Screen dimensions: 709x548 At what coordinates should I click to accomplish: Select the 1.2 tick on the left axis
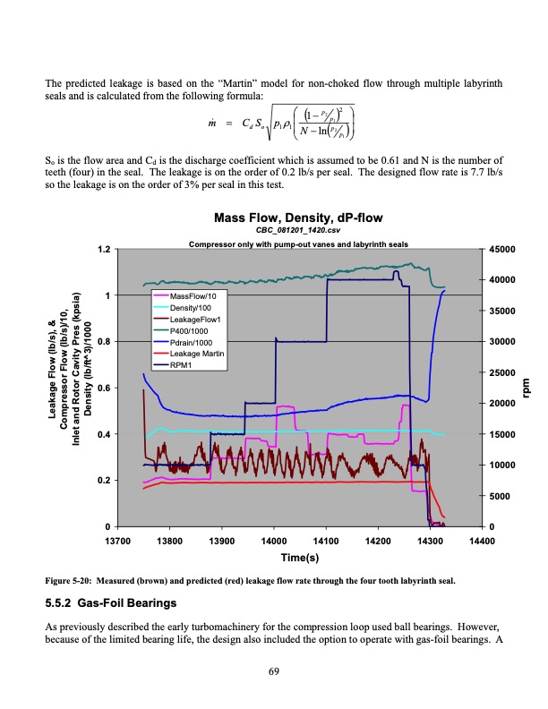[105, 249]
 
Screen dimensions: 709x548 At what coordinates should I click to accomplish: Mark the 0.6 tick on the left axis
[105, 388]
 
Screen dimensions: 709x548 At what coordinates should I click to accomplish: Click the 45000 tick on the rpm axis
[500, 249]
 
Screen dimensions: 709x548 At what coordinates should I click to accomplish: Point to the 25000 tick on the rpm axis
[500, 372]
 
